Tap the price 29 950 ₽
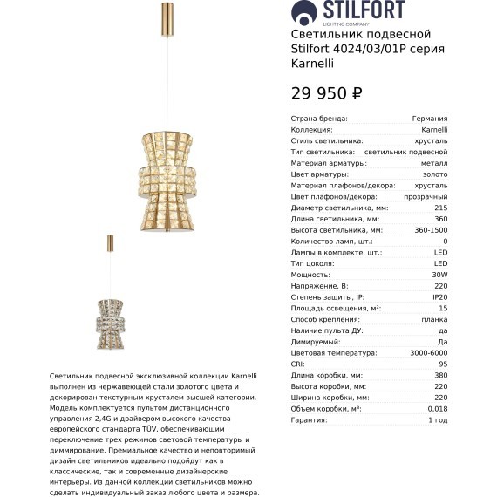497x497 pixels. point(326,93)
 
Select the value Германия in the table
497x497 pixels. point(430,119)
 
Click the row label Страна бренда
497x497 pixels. point(319,119)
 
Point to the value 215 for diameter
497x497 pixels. point(440,208)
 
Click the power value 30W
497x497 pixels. point(439,275)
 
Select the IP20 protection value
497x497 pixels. point(439,297)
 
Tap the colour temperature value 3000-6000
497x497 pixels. point(428,353)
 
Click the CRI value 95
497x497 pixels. point(443,364)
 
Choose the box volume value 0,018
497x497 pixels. point(437,409)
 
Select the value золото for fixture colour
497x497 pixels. point(434,174)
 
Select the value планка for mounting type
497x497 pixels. point(433,319)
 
